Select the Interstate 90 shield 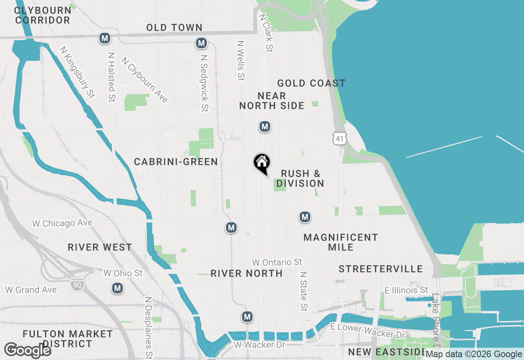(76, 284)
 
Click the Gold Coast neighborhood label (311, 83)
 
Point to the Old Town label (174, 28)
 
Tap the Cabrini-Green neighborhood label (176, 162)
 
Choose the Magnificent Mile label (341, 242)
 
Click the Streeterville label (381, 269)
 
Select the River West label (100, 248)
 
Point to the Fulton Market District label (68, 339)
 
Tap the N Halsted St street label (111, 76)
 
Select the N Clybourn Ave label (145, 80)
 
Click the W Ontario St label (277, 262)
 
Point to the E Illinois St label (406, 290)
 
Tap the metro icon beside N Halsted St (105, 38)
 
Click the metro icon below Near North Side (265, 126)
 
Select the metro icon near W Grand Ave (117, 288)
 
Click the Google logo (27, 351)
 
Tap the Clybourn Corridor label (43, 15)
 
